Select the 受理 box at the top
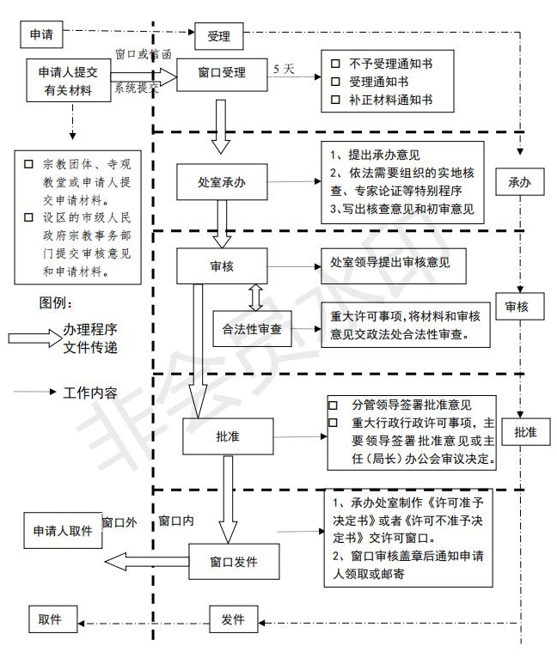[x=219, y=37]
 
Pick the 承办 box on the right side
[x=520, y=183]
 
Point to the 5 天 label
[x=285, y=69]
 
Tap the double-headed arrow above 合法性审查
[x=255, y=297]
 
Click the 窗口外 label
[x=119, y=521]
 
